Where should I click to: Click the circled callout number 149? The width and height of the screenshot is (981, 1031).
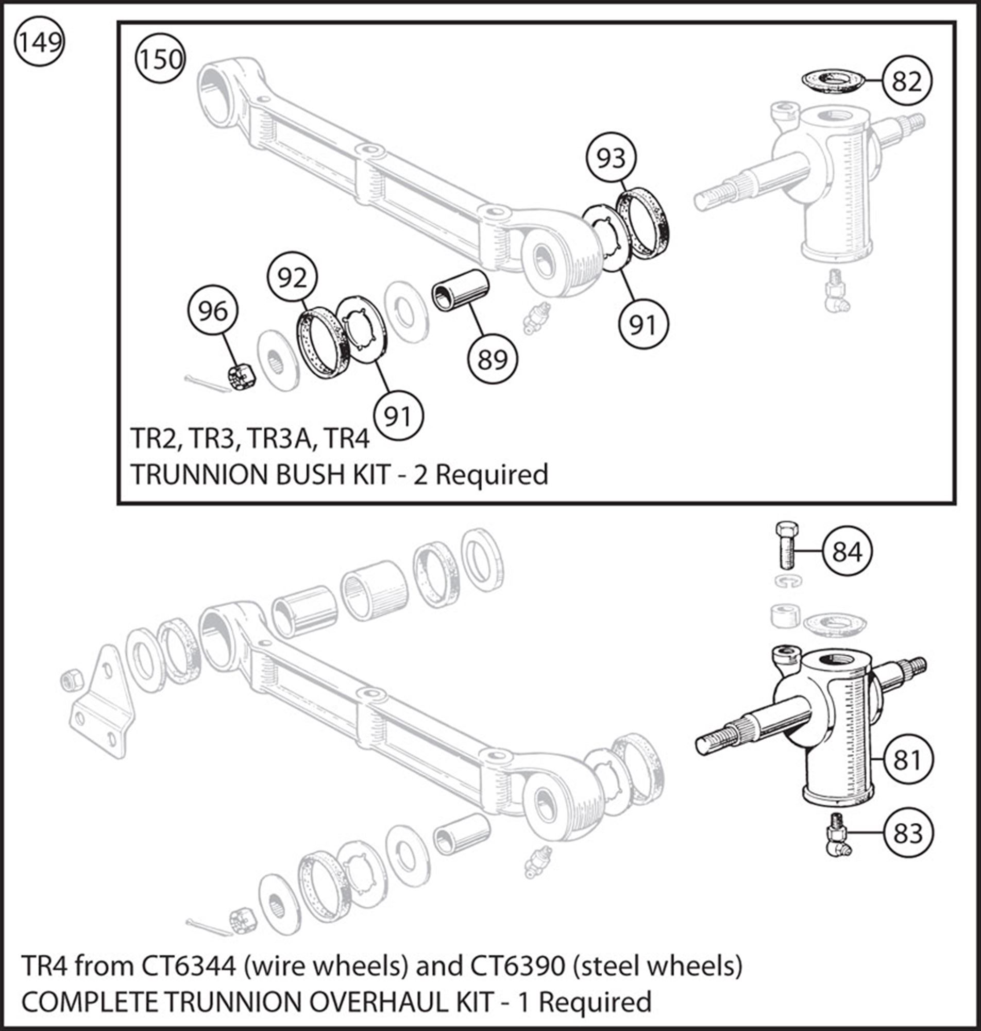point(39,41)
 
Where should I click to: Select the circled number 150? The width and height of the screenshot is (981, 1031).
point(160,59)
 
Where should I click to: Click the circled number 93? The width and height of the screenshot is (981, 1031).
point(611,158)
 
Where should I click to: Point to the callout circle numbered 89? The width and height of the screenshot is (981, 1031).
point(493,359)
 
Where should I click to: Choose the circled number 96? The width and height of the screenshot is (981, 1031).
point(213,312)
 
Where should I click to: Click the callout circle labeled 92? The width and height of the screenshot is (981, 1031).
point(292,278)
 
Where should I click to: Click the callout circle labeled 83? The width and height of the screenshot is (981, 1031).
point(907,833)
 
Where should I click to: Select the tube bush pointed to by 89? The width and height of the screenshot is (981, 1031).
point(460,290)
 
